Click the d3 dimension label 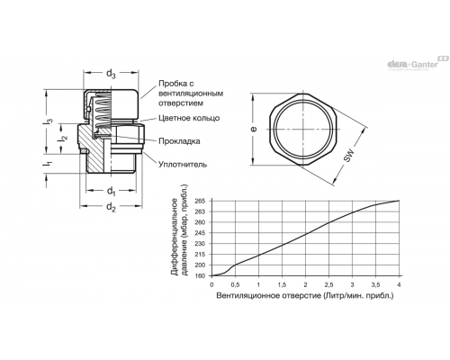(111, 74)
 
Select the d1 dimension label (111, 191)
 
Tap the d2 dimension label (111, 207)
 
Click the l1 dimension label (49, 164)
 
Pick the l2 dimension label (64, 139)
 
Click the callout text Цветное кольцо (189, 118)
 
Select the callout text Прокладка (179, 141)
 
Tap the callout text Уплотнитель (183, 164)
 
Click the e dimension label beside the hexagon (254, 129)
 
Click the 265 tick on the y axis (200, 201)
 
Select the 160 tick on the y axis (200, 275)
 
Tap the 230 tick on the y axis (200, 244)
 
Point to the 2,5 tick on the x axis (328, 284)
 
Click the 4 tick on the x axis (399, 284)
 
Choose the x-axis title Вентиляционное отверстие (269, 296)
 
